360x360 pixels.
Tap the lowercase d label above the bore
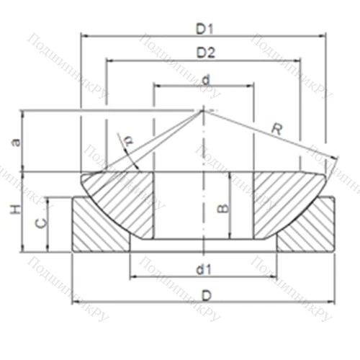[x=205, y=79]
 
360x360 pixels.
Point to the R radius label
[x=276, y=130]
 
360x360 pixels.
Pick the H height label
[x=13, y=210]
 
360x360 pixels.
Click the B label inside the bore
[x=222, y=208]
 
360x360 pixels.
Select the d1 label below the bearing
[x=204, y=270]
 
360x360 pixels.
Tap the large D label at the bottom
[x=206, y=295]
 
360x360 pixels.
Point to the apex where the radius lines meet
[x=203, y=110]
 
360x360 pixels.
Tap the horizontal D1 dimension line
[x=144, y=35]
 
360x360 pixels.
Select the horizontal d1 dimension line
[x=166, y=276]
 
